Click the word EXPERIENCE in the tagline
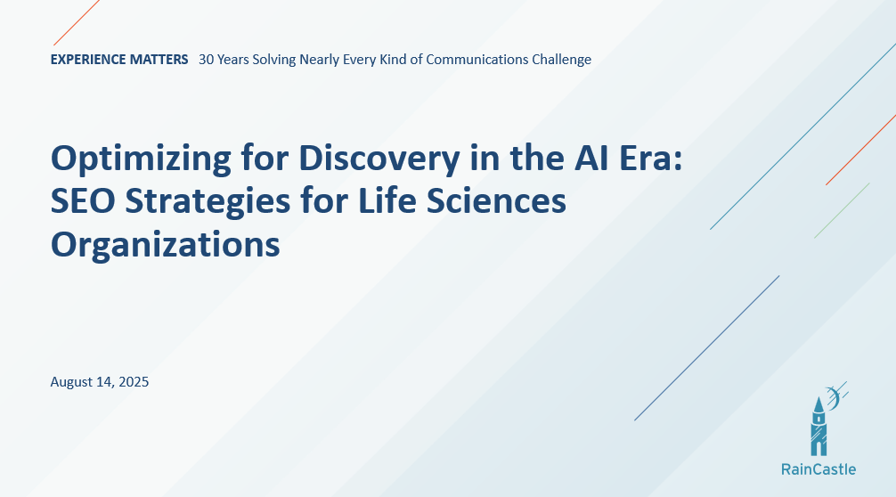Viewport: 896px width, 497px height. [x=87, y=60]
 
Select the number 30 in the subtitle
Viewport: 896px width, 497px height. [x=207, y=60]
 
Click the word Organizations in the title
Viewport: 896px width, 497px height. [x=166, y=243]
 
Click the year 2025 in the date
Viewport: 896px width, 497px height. [x=134, y=382]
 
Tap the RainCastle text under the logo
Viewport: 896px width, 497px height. [x=818, y=469]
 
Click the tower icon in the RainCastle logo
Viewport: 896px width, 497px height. [x=819, y=426]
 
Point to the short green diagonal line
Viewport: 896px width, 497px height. [x=842, y=211]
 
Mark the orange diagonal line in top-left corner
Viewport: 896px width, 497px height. [x=77, y=22]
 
